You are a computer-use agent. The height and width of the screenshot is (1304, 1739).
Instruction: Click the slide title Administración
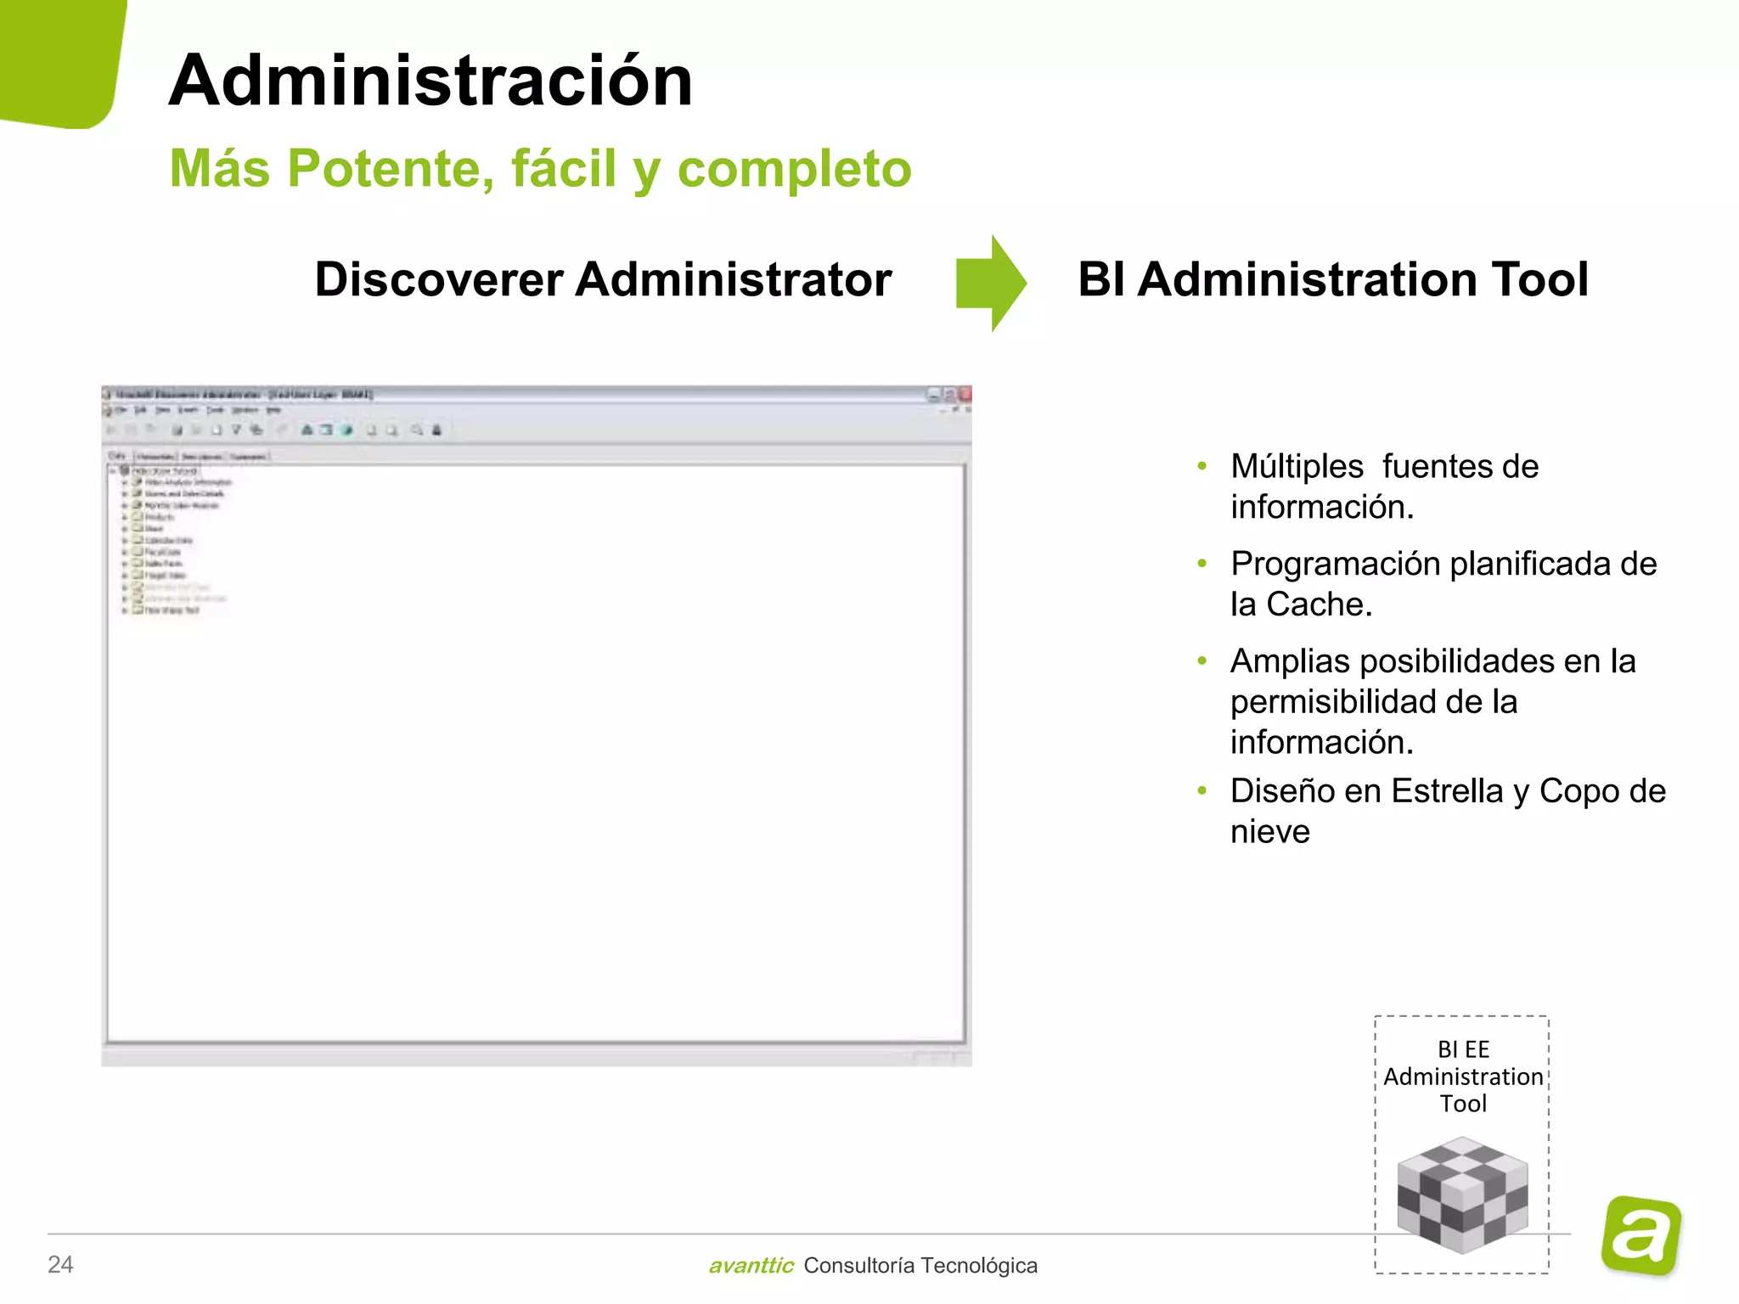tap(431, 81)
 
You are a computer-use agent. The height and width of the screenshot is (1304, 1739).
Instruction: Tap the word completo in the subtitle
tap(794, 168)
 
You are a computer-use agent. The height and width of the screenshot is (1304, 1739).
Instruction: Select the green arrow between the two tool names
tap(990, 283)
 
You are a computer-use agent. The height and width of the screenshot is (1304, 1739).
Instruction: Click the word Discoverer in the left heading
tap(438, 279)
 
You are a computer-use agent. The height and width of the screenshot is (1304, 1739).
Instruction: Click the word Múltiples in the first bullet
tap(1297, 466)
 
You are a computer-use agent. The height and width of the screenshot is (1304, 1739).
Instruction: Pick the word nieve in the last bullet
tap(1269, 832)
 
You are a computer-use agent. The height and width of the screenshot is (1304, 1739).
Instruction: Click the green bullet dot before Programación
tap(1202, 564)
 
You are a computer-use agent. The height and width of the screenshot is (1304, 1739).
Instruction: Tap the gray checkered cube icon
tap(1462, 1195)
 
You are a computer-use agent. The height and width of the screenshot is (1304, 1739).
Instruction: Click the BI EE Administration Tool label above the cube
tap(1463, 1076)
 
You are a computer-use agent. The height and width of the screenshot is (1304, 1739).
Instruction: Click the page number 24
tap(60, 1265)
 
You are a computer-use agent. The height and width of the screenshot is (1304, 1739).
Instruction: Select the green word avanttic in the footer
tap(751, 1266)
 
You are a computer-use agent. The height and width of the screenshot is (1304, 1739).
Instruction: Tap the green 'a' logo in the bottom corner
tap(1641, 1235)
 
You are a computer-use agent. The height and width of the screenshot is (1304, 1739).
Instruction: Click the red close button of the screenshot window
tap(965, 395)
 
